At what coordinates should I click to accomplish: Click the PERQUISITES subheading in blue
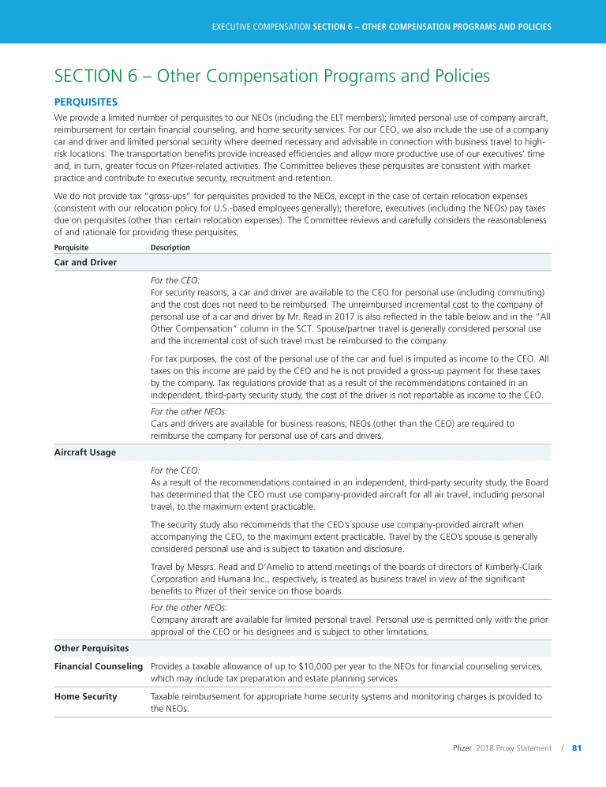click(86, 102)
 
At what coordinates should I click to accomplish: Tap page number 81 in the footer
click(576, 748)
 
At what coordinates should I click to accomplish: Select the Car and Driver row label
click(85, 262)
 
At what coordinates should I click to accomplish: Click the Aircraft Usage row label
click(84, 452)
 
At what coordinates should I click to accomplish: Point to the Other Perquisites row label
click(92, 648)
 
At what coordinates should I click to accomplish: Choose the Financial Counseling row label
click(99, 666)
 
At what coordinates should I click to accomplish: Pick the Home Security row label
click(85, 696)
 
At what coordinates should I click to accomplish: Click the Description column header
click(170, 247)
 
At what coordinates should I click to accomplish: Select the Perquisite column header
click(71, 247)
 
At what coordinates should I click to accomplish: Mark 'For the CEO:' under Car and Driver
click(175, 279)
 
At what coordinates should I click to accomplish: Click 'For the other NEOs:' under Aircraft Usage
click(189, 608)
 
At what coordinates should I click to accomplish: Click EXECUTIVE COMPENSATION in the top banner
click(260, 27)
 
